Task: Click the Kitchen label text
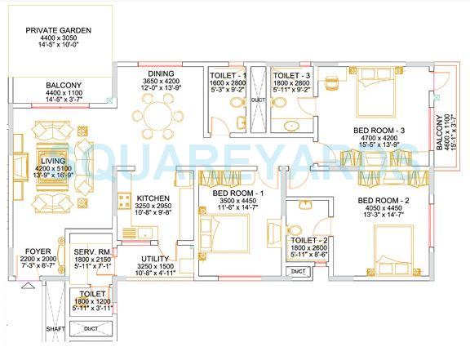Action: [153, 198]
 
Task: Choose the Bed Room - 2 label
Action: [381, 201]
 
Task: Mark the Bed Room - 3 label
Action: [379, 131]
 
